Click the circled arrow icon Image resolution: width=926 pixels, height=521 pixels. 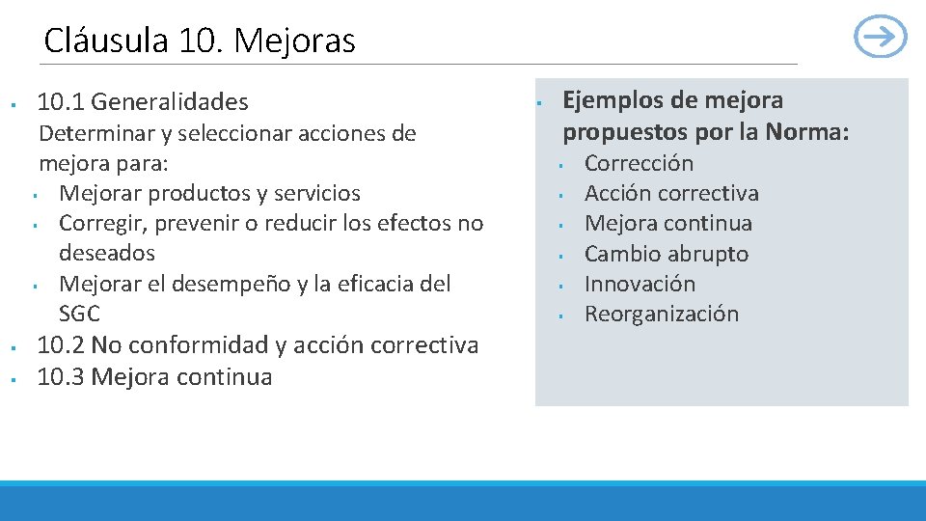point(881,38)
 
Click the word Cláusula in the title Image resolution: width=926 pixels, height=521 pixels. point(106,41)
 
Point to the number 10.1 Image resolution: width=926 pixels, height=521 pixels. point(60,101)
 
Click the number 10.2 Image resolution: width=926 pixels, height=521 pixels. point(60,344)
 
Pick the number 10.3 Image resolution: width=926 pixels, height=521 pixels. point(60,376)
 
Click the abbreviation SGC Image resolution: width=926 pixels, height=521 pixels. point(79,314)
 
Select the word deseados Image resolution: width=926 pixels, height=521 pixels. point(106,253)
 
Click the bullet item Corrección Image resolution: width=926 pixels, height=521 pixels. point(639,163)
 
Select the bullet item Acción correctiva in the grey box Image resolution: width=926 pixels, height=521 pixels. point(671,193)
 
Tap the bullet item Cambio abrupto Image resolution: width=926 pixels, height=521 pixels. point(666,254)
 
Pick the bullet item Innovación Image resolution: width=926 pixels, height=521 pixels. point(640,284)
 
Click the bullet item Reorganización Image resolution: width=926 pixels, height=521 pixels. point(662,314)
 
